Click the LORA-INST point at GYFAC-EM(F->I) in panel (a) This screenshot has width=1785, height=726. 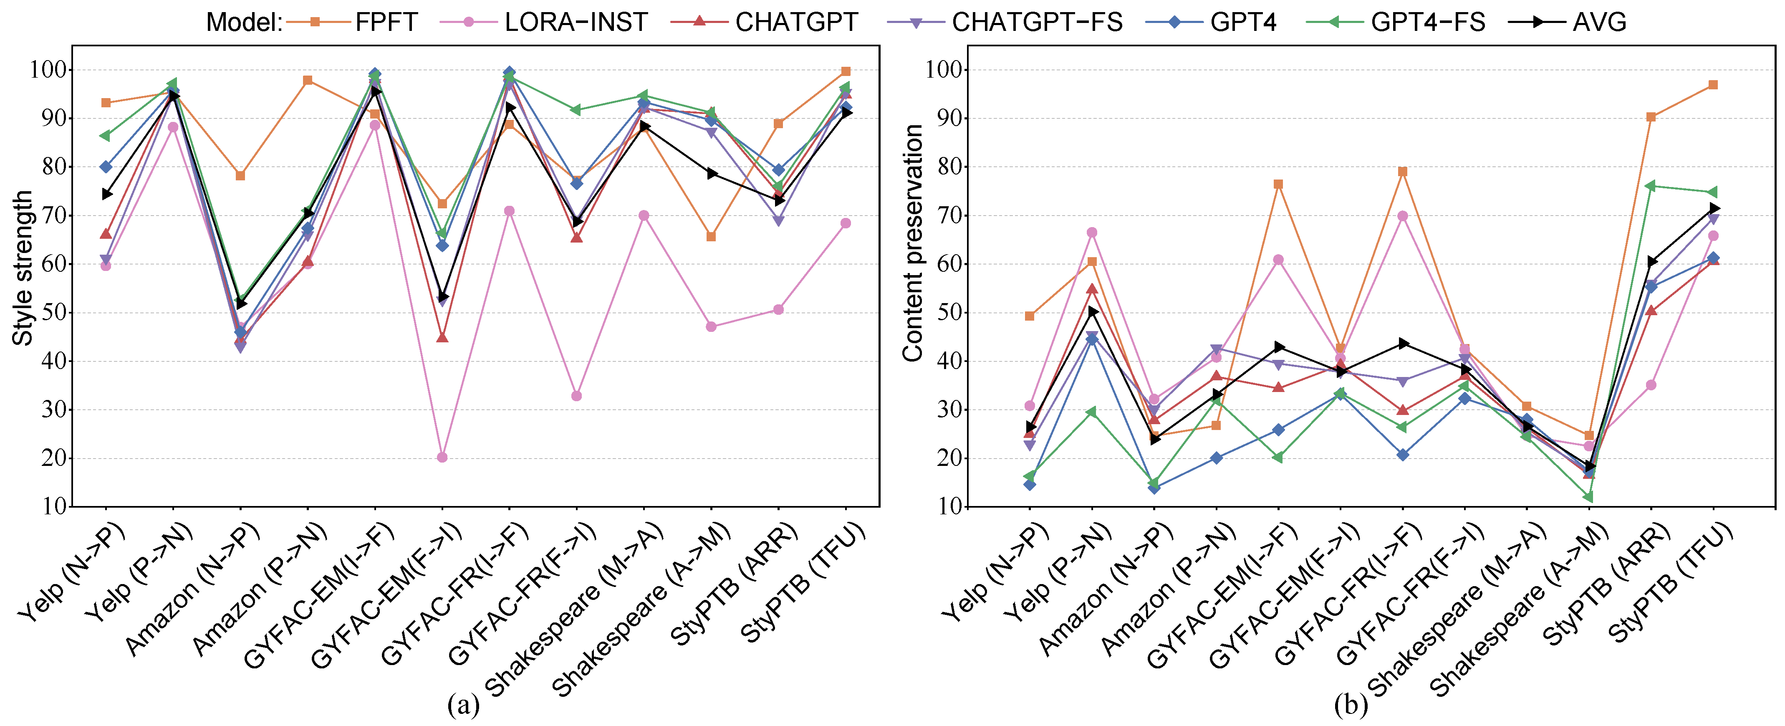coord(442,457)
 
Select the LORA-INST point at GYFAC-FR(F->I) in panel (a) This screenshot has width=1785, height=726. coord(576,396)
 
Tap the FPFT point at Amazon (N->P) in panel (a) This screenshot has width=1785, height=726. coord(240,175)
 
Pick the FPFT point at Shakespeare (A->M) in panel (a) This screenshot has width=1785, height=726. coord(711,236)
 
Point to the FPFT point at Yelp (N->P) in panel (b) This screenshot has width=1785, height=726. coord(1030,316)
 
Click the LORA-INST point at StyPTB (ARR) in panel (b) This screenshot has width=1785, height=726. coord(1651,385)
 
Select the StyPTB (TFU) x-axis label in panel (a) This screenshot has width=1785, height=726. coord(804,582)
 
